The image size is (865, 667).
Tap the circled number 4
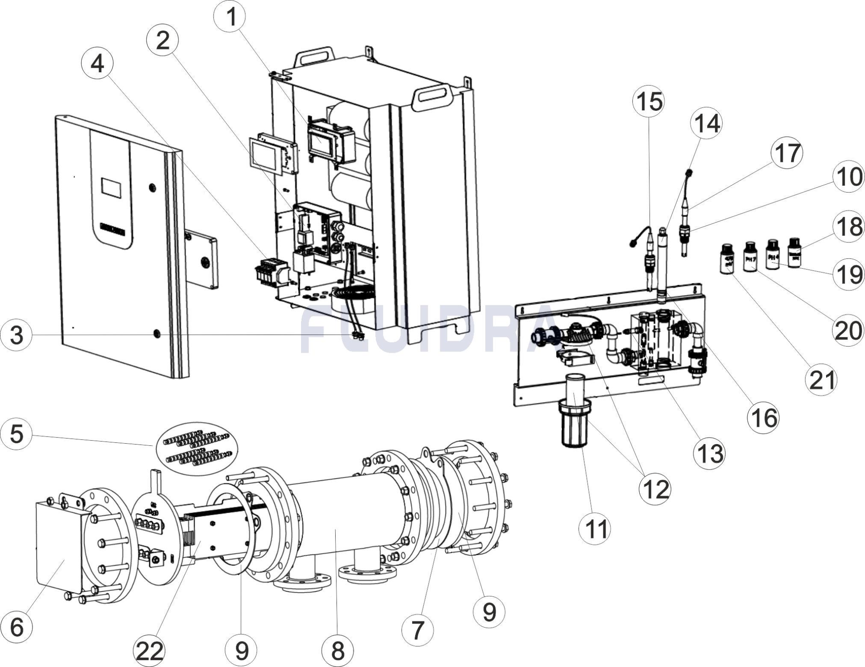(97, 64)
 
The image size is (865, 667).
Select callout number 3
(16, 335)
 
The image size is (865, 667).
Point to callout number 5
(16, 434)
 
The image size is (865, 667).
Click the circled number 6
(16, 626)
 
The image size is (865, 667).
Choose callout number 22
(150, 651)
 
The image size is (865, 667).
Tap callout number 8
(338, 651)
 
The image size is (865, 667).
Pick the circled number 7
(417, 630)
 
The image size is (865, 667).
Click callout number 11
(595, 528)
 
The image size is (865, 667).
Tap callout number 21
(821, 380)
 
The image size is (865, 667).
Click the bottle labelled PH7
(750, 258)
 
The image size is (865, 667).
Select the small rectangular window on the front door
(111, 187)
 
